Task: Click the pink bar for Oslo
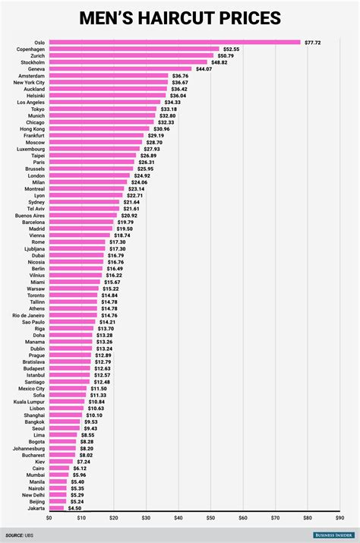tap(174, 43)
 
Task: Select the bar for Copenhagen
tap(134, 49)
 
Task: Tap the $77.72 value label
tap(312, 43)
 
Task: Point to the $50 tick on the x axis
tap(210, 518)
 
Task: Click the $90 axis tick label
tap(339, 518)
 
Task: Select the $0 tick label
tap(49, 518)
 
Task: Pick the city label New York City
tap(30, 82)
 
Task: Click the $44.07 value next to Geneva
tap(204, 69)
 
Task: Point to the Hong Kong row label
tap(32, 128)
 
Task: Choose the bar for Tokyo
tap(102, 109)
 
